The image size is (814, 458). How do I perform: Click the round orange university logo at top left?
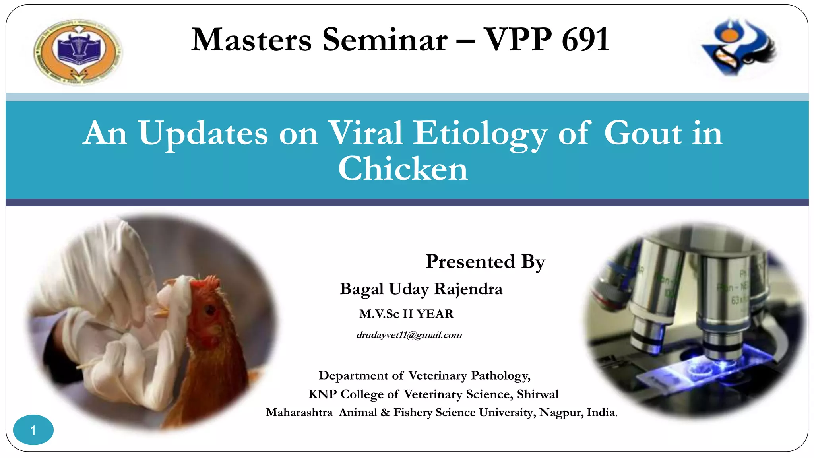(x=78, y=52)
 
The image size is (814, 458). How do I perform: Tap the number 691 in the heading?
(x=585, y=40)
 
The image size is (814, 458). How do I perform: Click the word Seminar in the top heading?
(x=385, y=40)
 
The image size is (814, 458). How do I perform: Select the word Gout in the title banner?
(x=643, y=133)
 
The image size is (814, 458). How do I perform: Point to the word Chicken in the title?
(x=403, y=169)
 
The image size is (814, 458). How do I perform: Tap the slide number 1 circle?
(x=33, y=430)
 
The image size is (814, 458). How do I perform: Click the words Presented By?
(x=485, y=262)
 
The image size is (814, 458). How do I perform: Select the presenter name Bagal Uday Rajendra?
(x=421, y=289)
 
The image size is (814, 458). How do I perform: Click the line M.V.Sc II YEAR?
(x=406, y=314)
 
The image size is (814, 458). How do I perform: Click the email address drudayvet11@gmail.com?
(x=409, y=335)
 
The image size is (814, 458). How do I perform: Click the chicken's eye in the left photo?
(x=210, y=310)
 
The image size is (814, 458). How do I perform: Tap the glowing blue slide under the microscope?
(x=700, y=370)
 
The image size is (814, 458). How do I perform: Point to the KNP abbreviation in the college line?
(x=322, y=394)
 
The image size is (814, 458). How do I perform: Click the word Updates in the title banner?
(x=203, y=133)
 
